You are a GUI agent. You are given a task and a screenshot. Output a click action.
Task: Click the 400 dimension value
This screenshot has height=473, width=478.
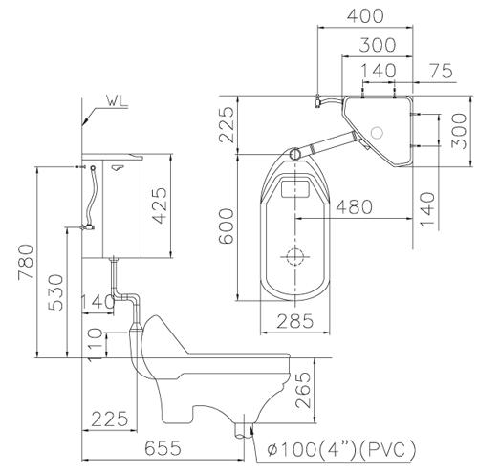pos(366,16)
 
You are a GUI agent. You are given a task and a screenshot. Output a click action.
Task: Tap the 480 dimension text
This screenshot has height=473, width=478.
pos(356,205)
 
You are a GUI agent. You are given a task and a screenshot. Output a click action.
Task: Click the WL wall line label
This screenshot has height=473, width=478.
pos(119,98)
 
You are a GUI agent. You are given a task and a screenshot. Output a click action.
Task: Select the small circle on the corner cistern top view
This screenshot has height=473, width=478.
pos(379,131)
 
